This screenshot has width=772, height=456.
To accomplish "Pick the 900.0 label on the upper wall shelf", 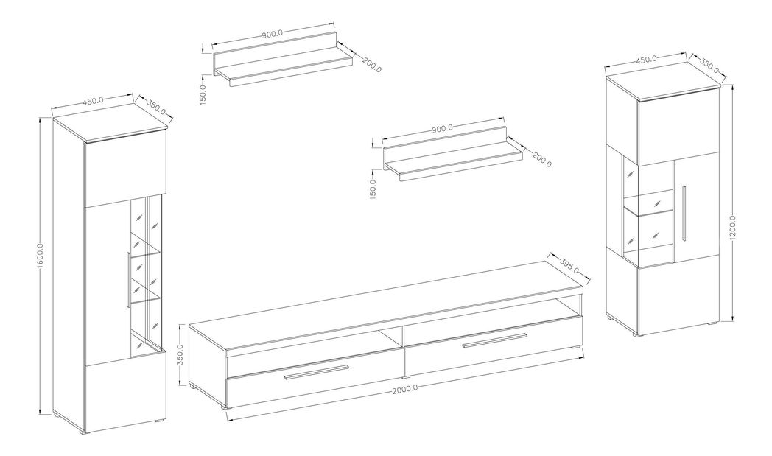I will (x=274, y=35).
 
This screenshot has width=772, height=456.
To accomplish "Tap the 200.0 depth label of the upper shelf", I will (x=371, y=64).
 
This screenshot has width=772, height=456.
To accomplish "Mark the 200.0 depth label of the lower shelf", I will (x=541, y=158).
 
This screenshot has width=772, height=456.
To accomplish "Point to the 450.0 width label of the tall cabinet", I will (x=92, y=102).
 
